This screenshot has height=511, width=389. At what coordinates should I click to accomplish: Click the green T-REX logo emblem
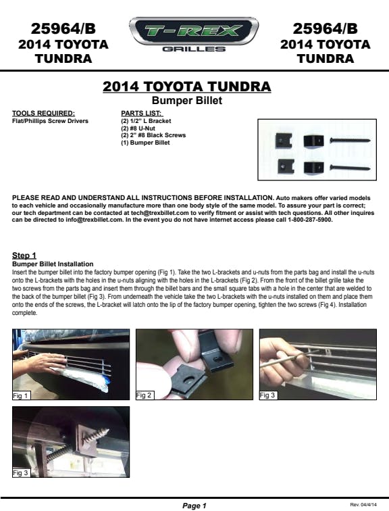point(194,31)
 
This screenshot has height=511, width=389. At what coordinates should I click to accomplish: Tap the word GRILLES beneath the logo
point(194,49)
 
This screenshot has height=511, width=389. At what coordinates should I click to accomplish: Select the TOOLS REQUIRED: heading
point(43,114)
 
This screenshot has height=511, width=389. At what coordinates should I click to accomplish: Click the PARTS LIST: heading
point(142,114)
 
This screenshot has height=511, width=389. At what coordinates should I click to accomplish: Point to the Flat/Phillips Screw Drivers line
point(50,121)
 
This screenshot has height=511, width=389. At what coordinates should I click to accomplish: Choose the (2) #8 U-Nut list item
point(138,128)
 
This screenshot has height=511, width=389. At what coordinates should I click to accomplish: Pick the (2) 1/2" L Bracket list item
point(146,121)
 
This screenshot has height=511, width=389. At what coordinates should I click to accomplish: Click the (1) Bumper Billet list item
point(145,143)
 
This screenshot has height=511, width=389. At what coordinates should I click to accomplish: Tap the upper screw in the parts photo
point(350,141)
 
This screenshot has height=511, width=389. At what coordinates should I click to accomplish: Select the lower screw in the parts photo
point(350,168)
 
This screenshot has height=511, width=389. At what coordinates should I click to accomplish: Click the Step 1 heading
point(24,255)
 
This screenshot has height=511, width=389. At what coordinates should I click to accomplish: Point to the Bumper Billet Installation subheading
point(53,264)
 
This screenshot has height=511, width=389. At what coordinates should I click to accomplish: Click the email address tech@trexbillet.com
point(160,213)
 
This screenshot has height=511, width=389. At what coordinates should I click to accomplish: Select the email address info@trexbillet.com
point(95,220)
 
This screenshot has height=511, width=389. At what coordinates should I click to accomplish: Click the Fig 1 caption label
point(21,395)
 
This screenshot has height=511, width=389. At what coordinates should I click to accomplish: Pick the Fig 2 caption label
point(145,395)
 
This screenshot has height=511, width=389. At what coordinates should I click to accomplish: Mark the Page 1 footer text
point(194,506)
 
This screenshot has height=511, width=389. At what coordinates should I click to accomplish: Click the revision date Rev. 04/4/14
point(363,504)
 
